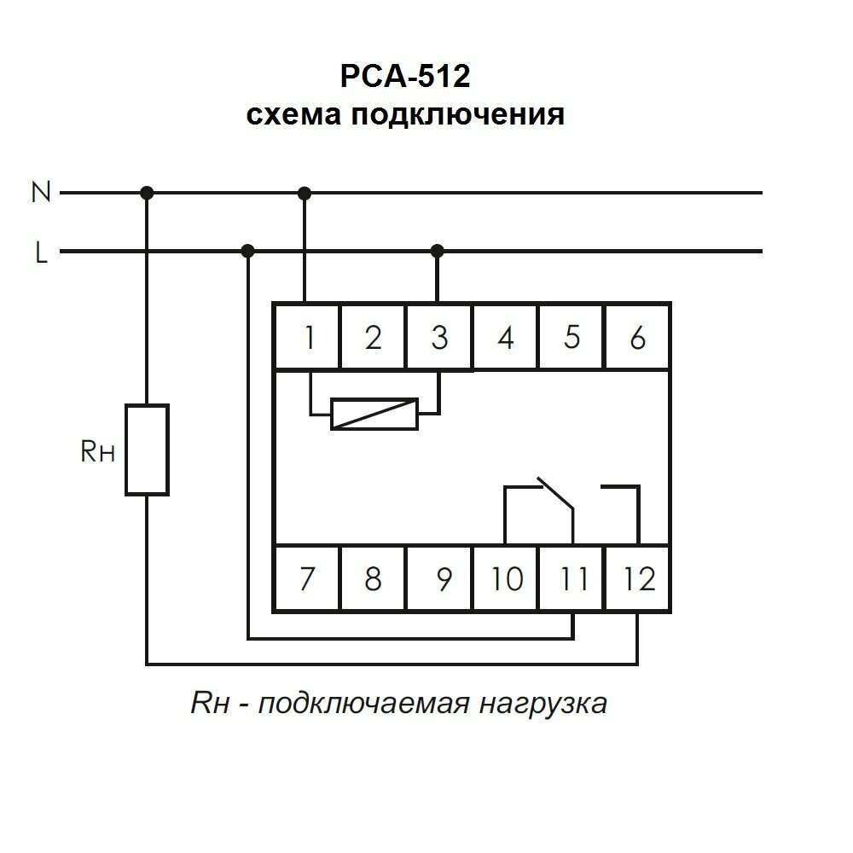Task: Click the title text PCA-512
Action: [404, 78]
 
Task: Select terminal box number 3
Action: [438, 338]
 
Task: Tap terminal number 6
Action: [637, 338]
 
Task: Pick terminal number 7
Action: [306, 579]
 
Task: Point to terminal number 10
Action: [507, 579]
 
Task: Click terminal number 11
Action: [573, 579]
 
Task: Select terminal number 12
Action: [639, 579]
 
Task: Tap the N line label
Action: [41, 193]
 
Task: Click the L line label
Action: [41, 253]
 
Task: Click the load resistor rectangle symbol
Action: [147, 450]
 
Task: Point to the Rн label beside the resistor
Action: [97, 452]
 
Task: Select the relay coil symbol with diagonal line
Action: [374, 414]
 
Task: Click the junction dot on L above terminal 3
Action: [438, 251]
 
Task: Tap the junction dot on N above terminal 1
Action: [305, 193]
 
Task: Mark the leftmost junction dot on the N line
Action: [147, 193]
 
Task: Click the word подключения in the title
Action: [456, 114]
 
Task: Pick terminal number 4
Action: [506, 338]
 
